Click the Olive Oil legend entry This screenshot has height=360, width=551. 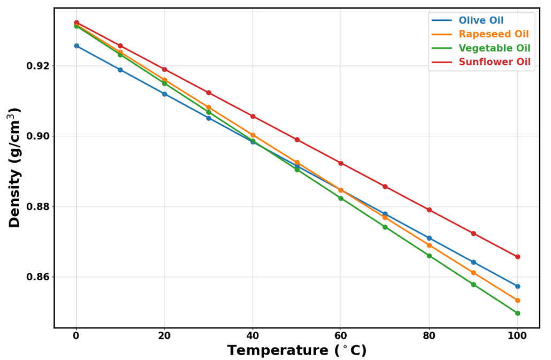coord(481,20)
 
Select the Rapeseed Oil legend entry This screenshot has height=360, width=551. coord(493,34)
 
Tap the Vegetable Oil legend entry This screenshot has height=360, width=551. coord(494,48)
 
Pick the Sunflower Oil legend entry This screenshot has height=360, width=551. coord(494,62)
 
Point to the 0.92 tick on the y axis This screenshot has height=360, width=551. coord(38,66)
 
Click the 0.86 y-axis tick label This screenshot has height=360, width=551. coord(38,277)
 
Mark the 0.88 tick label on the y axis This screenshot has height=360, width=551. coord(38,206)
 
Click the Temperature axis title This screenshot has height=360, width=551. coord(297,350)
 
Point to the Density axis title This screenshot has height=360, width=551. coord(15,167)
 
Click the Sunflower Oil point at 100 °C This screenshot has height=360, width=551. coord(517,257)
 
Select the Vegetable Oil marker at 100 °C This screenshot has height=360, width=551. coord(517,313)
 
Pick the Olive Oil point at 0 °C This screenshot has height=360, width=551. coord(76,46)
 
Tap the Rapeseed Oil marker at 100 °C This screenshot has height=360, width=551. coord(517,301)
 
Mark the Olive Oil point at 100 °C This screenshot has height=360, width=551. coord(517,286)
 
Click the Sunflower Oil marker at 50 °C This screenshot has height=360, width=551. coord(297,140)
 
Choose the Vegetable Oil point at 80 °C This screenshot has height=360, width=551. coord(429,256)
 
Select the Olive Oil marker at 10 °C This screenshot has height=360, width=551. coord(120,70)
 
